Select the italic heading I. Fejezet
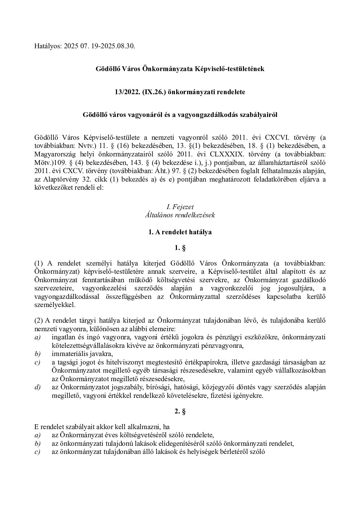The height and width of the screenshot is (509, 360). pyautogui.click(x=180, y=207)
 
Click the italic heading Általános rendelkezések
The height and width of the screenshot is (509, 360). pyautogui.click(x=180, y=215)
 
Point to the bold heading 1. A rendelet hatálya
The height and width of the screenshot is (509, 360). pyautogui.click(x=180, y=232)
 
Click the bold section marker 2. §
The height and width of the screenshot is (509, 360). pyautogui.click(x=180, y=411)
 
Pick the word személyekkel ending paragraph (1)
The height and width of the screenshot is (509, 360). pyautogui.click(x=55, y=305)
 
